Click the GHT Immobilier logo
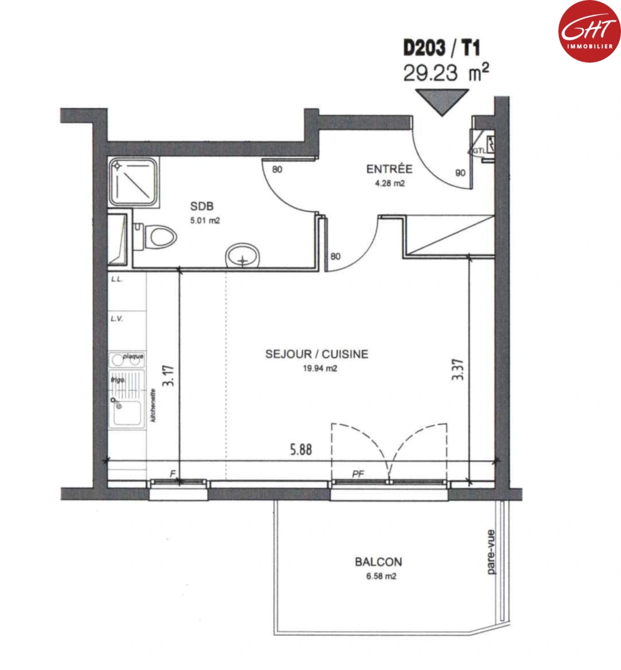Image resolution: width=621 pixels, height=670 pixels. tap(589, 30)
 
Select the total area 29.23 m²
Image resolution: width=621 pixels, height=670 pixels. tap(445, 73)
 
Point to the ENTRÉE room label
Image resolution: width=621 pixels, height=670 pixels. tap(389, 169)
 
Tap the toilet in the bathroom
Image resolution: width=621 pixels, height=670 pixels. tap(156, 236)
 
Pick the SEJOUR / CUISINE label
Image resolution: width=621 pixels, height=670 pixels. tap(316, 354)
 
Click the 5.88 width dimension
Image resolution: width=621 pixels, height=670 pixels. tap(300, 451)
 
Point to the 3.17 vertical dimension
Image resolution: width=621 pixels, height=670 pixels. tap(166, 376)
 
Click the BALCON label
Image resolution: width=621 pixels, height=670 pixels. tap(378, 562)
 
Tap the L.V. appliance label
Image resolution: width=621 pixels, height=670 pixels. tap(117, 319)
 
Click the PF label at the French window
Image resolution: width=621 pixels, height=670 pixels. tap(357, 474)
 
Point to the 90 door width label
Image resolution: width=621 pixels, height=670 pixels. tap(460, 173)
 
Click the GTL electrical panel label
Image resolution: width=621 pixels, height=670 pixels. tap(477, 150)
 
